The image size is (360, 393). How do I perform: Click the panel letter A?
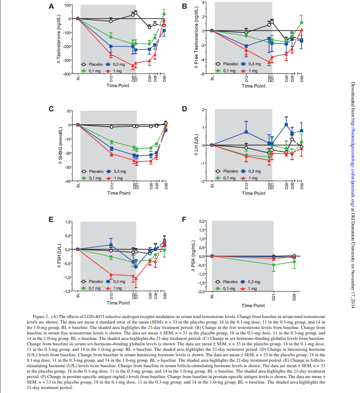[x=51, y=6]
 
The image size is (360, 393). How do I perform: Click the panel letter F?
[x=184, y=219]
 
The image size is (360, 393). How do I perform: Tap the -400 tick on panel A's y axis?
[x=68, y=74]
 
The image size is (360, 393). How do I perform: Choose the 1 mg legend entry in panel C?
[x=114, y=178]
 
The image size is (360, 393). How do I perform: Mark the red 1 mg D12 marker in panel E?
[x=111, y=274]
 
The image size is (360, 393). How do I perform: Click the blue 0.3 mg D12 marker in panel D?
[x=246, y=132]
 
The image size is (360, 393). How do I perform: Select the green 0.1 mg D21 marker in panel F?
[x=274, y=265]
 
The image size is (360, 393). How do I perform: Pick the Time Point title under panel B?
[x=253, y=86]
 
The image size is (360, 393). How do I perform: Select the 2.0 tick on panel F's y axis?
[x=202, y=221]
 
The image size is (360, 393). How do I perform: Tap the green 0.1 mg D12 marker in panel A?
[x=111, y=37]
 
